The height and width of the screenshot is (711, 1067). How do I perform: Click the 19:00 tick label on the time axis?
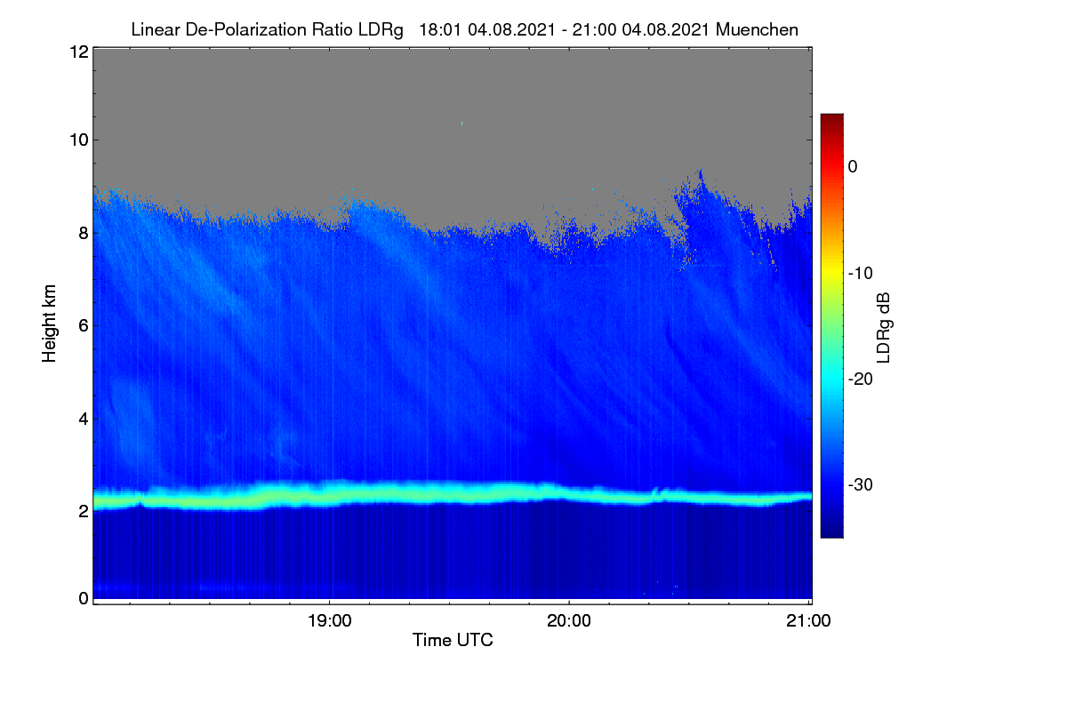[329, 620]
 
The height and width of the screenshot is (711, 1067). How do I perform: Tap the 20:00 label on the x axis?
[569, 620]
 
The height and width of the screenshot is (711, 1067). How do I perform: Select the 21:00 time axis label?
[808, 620]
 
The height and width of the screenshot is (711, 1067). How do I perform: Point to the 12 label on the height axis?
[79, 52]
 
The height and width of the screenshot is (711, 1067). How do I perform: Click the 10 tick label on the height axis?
[79, 140]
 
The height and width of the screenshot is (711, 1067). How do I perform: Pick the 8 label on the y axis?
[84, 233]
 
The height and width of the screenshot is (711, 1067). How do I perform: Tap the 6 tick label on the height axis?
[84, 326]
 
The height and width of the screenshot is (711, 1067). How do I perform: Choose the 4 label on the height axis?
[84, 419]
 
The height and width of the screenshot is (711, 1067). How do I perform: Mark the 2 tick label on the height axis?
[84, 511]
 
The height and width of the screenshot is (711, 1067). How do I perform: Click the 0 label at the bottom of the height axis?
[84, 598]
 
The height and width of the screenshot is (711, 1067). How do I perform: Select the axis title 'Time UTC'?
[453, 640]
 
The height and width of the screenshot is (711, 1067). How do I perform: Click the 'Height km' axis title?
[49, 324]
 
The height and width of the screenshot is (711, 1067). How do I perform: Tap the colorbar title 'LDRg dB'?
[884, 328]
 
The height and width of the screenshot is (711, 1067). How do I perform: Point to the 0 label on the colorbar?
[853, 167]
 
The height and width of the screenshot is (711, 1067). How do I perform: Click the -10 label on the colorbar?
[861, 274]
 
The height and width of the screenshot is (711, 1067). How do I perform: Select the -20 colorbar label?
[861, 379]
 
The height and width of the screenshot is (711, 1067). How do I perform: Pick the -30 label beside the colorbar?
[861, 484]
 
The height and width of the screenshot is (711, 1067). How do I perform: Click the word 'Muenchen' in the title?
[757, 29]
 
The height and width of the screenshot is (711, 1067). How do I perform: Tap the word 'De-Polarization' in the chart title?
[245, 30]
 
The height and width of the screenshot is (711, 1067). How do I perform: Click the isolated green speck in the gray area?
[461, 124]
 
